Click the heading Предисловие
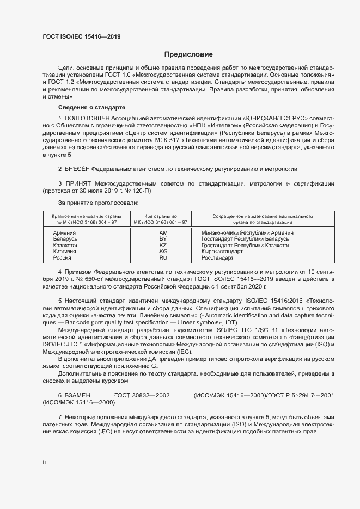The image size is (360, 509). pyautogui.click(x=188, y=54)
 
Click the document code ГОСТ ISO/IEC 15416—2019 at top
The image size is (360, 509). pyautogui.click(x=81, y=37)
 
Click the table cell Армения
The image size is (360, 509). pyautogui.click(x=65, y=233)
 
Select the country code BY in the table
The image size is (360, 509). pyautogui.click(x=162, y=239)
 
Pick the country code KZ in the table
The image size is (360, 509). pyautogui.click(x=162, y=246)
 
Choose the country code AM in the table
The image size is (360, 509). pyautogui.click(x=162, y=233)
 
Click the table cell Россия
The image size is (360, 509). pyautogui.click(x=63, y=258)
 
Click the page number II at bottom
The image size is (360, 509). pyautogui.click(x=44, y=462)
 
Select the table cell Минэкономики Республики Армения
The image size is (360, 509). pyautogui.click(x=247, y=233)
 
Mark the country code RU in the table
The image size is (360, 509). pyautogui.click(x=162, y=258)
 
